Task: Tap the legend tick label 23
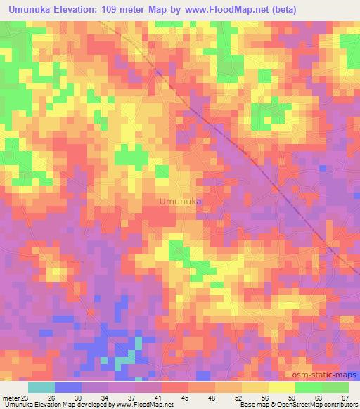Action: tap(27, 397)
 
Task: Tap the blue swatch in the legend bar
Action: tap(67, 387)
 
